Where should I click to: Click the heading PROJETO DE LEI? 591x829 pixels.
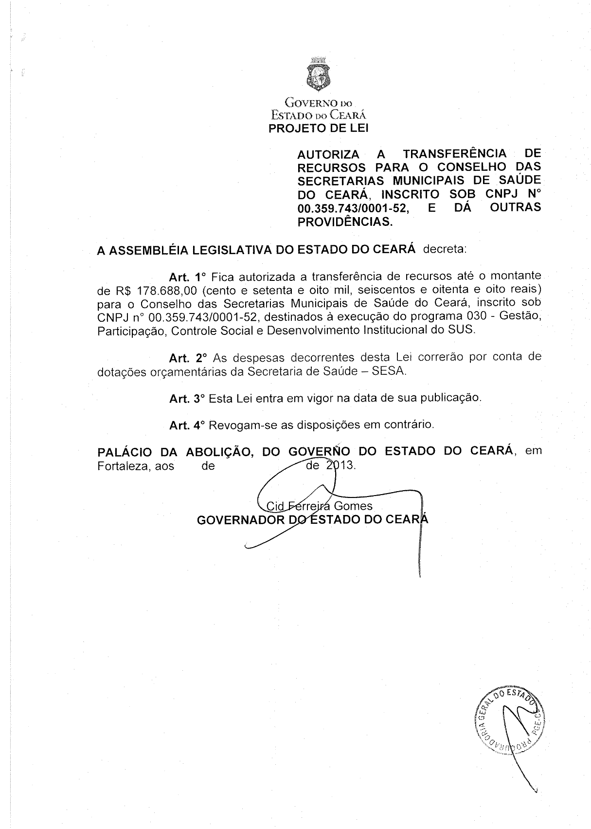pyautogui.click(x=319, y=129)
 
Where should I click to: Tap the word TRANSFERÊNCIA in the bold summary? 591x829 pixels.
pyautogui.click(x=455, y=154)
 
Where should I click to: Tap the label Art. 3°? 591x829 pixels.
pyautogui.click(x=187, y=398)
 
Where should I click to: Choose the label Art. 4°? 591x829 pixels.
pyautogui.click(x=187, y=425)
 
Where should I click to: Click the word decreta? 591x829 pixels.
pyautogui.click(x=445, y=250)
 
